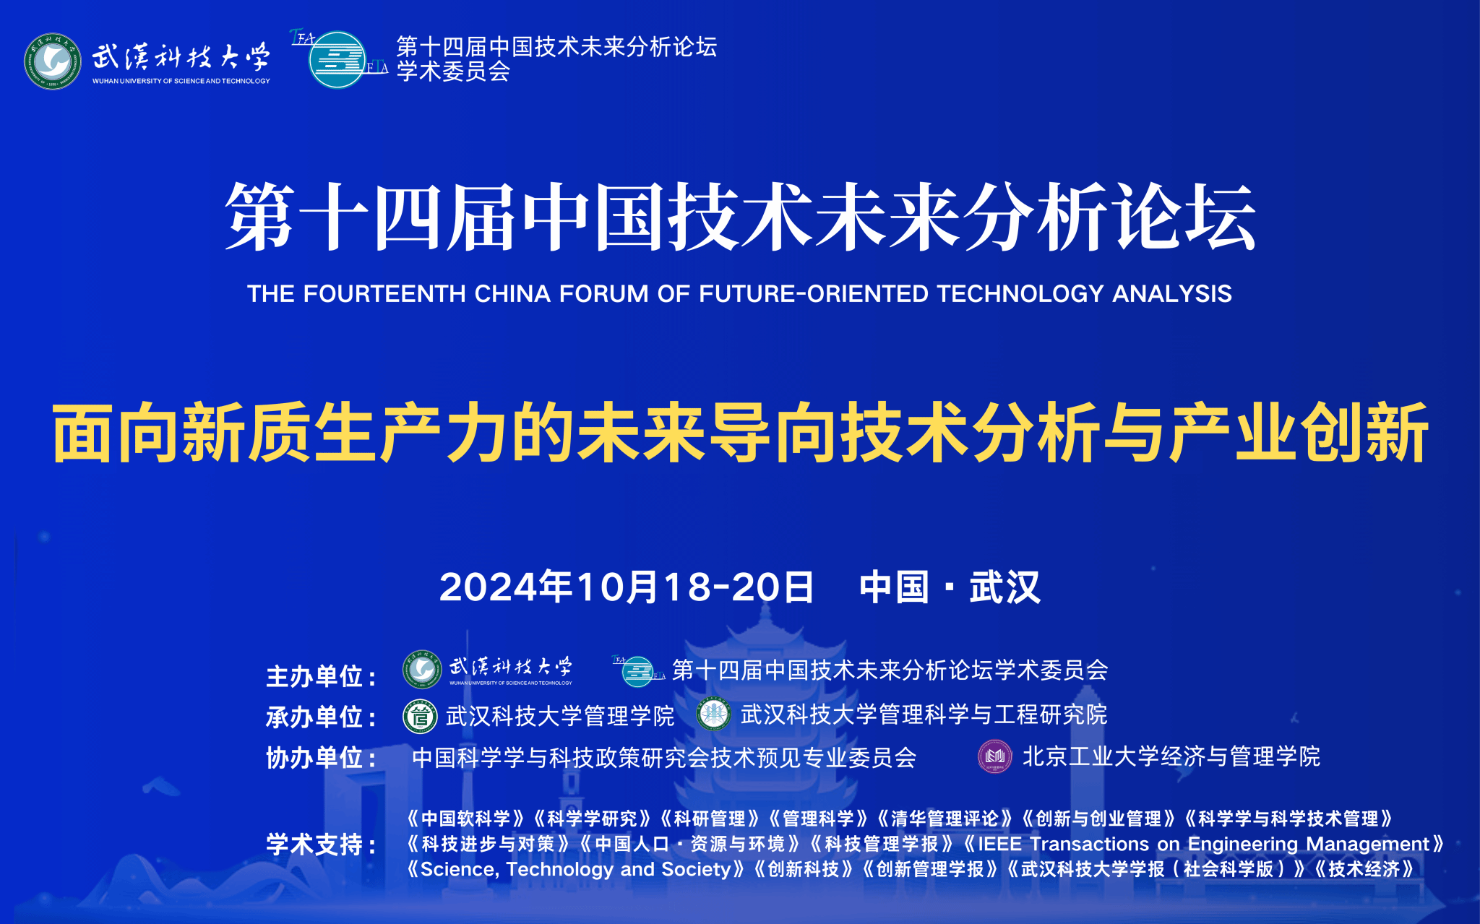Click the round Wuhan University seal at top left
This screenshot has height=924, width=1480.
coord(53,61)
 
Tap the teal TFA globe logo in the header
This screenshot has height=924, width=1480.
coord(338,59)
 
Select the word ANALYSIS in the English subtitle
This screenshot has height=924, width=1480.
coord(1172,294)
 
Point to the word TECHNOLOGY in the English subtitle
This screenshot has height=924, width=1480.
coord(1020,294)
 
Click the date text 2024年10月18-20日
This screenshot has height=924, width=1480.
coord(627,587)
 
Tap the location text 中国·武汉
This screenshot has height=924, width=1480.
coord(950,587)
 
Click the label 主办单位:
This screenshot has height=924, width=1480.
coord(322,677)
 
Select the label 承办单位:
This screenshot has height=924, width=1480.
coord(322,717)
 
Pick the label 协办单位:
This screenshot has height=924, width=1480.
coord(322,758)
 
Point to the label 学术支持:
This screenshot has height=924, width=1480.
coord(322,845)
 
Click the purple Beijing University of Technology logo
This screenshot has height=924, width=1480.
coord(995,756)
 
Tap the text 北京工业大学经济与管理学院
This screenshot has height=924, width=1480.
coord(1171,756)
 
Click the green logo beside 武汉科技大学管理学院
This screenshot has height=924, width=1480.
coord(420,717)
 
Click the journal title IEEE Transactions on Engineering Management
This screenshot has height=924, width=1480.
coord(1204,844)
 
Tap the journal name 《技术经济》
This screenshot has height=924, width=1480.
coord(1363,869)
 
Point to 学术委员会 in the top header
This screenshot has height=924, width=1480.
coord(453,72)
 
